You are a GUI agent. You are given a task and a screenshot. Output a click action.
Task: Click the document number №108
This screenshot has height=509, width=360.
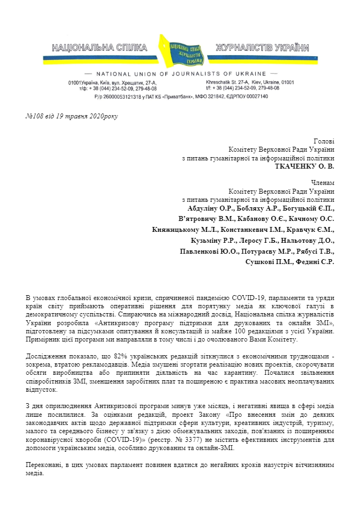coord(36,116)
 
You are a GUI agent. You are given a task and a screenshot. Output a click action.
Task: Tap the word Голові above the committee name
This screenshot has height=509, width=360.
coord(325,141)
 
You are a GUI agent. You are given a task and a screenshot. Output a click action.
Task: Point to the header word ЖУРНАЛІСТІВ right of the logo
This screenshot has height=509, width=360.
coord(242,48)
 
